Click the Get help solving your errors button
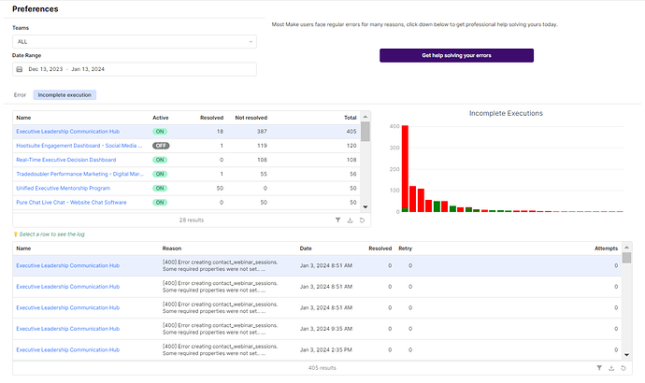pos(456,56)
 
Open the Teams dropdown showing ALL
pos(134,42)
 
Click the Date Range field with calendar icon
pos(134,69)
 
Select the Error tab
pos(21,94)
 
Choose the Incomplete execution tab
pos(64,94)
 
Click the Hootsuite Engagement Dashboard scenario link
pos(79,146)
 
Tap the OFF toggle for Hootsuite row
pos(161,146)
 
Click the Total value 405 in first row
pos(350,132)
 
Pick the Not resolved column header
pos(251,118)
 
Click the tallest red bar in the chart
pos(405,168)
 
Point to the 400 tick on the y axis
pos(394,126)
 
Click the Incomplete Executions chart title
pos(505,113)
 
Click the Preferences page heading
pos(36,9)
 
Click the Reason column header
pos(171,248)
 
